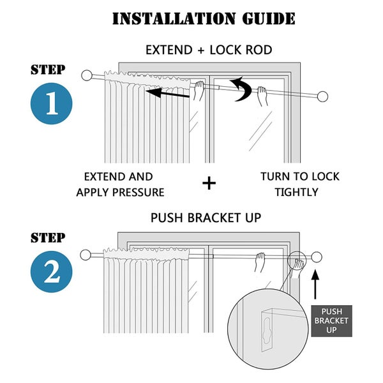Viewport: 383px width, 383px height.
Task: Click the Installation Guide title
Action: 204,18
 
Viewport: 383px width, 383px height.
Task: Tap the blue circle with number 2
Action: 51,273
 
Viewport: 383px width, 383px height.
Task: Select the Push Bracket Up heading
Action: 206,218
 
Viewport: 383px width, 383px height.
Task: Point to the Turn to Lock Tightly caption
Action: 299,184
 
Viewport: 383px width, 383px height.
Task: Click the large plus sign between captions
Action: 209,184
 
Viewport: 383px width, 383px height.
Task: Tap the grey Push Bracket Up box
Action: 331,321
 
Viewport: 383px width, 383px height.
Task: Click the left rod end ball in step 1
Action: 87,75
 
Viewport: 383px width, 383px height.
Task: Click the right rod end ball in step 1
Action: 323,98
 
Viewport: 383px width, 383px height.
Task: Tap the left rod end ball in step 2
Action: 86,256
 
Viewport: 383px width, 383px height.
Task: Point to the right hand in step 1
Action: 262,97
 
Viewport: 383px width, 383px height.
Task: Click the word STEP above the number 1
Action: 47,70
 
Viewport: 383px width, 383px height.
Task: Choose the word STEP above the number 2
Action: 47,238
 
